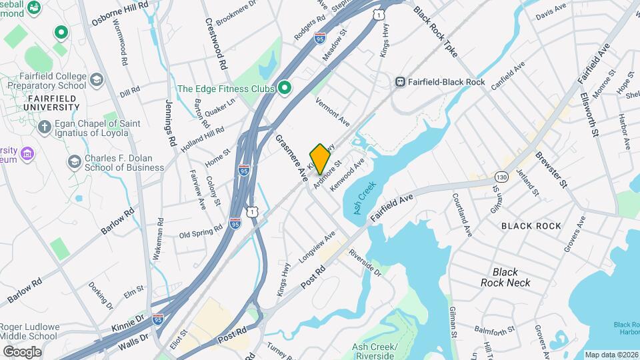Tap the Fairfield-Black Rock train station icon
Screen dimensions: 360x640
click(x=401, y=81)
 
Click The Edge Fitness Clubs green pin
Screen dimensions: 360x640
click(x=285, y=88)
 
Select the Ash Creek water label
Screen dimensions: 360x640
click(x=361, y=198)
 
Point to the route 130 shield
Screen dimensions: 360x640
click(x=502, y=177)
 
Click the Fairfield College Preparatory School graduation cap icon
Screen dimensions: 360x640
click(x=97, y=80)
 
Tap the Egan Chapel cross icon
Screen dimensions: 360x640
click(x=45, y=126)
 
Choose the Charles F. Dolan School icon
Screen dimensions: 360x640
click(x=74, y=161)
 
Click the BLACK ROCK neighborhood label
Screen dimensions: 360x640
click(x=531, y=226)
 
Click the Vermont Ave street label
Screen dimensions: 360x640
click(x=332, y=111)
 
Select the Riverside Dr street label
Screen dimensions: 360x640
click(x=364, y=262)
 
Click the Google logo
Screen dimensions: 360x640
click(x=22, y=351)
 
